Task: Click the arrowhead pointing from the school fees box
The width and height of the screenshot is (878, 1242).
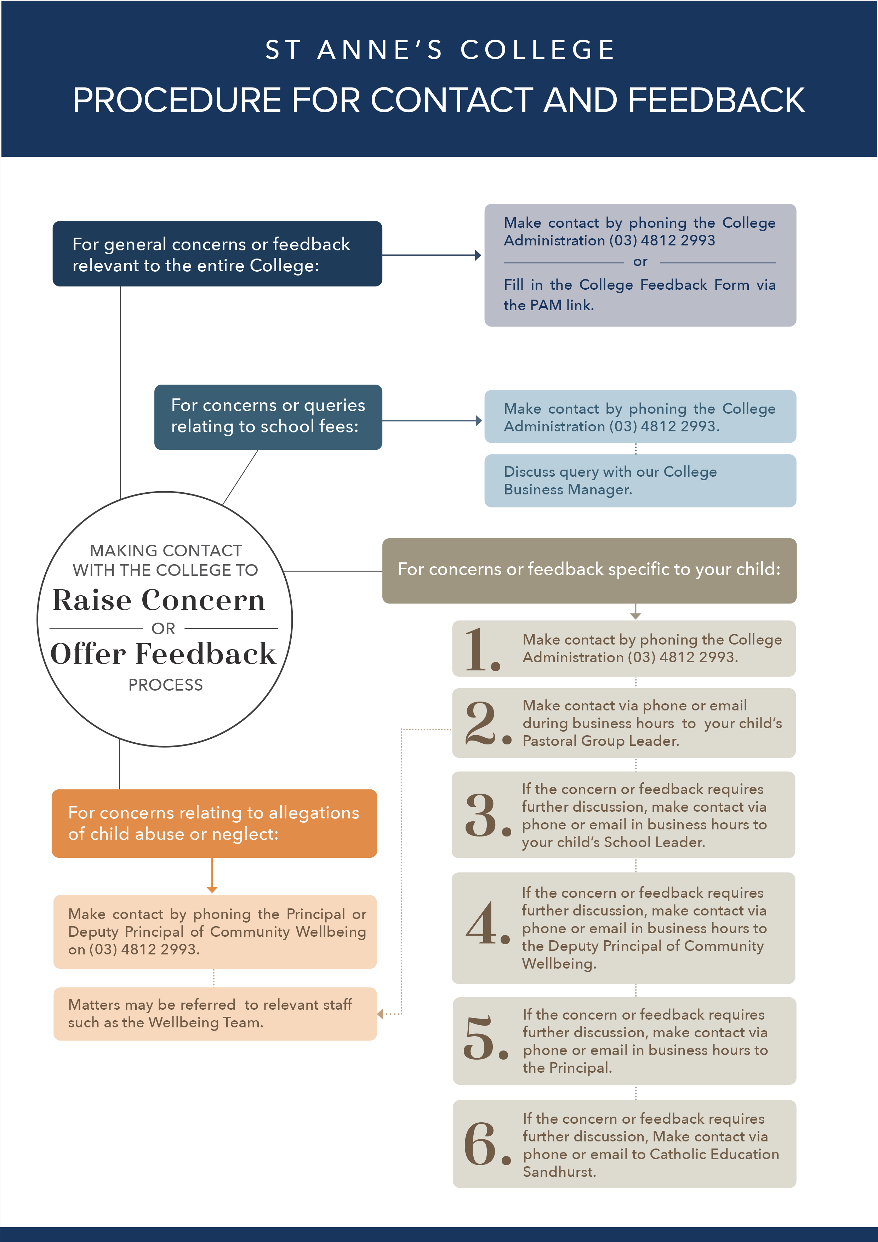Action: [x=478, y=420]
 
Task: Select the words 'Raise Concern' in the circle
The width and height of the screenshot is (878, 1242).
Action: [x=159, y=600]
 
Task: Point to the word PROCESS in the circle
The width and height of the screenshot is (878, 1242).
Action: [x=165, y=685]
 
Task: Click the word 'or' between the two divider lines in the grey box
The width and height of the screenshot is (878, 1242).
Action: [x=640, y=262]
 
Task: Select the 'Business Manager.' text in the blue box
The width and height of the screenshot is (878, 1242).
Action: [x=568, y=489]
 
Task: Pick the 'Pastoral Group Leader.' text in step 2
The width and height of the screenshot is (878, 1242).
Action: [x=601, y=741]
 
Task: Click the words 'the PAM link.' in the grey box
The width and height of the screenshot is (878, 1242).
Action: [x=549, y=306]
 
